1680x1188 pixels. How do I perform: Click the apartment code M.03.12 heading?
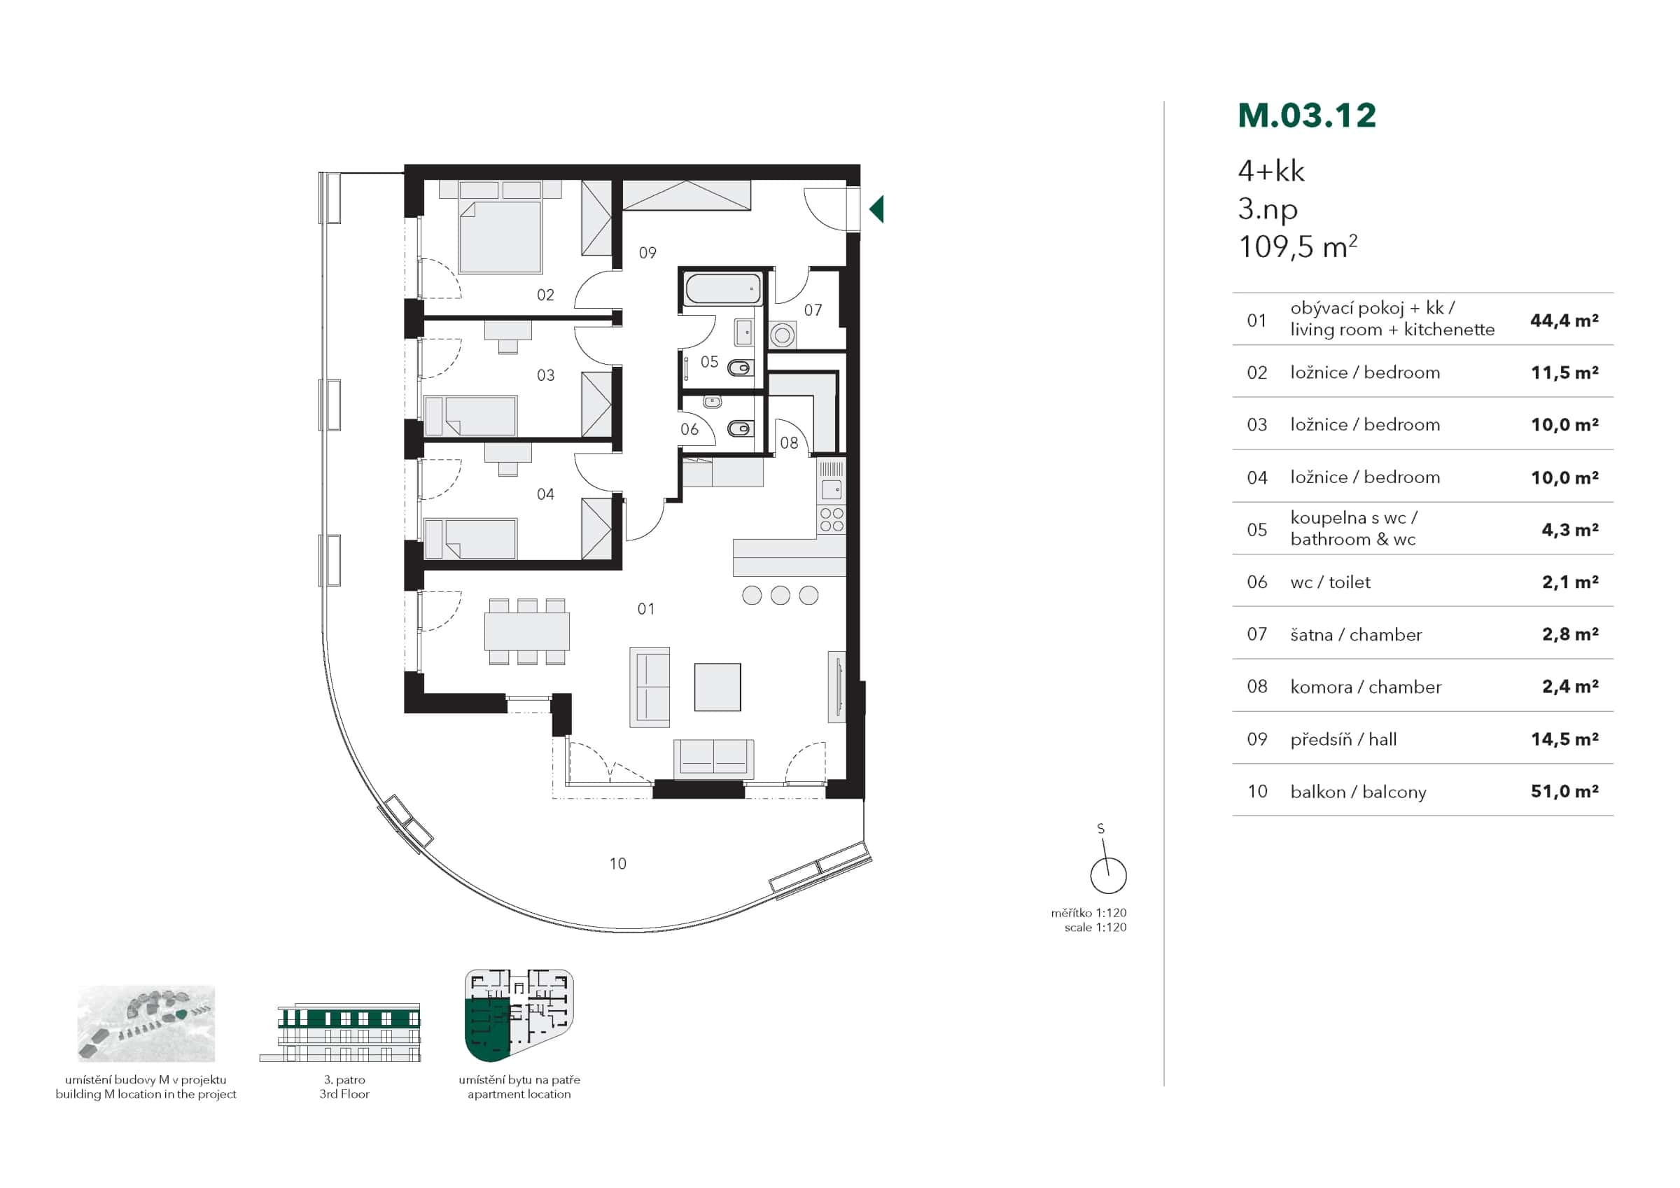1307,116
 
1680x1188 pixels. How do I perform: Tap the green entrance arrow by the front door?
876,209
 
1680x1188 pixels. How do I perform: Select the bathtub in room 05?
723,290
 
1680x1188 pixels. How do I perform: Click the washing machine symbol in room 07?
782,336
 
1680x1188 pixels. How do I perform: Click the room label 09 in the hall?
647,253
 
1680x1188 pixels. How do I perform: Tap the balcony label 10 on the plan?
617,864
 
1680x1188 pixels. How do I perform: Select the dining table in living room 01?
527,632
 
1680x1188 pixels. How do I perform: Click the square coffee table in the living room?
717,687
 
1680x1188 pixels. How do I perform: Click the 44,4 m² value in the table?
1564,320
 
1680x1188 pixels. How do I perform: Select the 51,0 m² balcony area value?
1564,791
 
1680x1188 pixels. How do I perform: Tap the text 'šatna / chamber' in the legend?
1356,635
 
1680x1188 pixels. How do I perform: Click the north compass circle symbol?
1108,876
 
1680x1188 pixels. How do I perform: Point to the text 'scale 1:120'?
1095,928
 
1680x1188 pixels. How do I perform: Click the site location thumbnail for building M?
146,1023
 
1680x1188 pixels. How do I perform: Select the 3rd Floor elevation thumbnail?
340,1032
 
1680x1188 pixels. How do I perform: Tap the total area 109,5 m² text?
1296,247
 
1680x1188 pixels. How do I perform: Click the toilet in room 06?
741,428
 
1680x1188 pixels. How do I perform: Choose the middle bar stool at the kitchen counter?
780,595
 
